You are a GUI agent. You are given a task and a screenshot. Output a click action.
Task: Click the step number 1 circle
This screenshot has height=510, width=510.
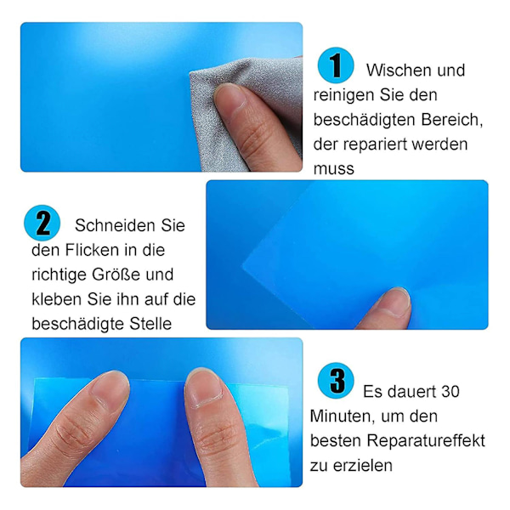pos(336,65)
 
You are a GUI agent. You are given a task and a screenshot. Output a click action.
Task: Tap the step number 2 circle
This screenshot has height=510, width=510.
pos(42,223)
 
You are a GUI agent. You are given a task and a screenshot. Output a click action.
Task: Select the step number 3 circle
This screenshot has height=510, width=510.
pos(336,380)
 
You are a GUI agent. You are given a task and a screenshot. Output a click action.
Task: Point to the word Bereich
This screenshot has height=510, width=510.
pos(452,120)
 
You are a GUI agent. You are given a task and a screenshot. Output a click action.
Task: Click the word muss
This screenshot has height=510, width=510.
pos(334,169)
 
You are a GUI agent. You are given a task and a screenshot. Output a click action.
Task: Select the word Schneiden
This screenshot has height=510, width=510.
pos(115,225)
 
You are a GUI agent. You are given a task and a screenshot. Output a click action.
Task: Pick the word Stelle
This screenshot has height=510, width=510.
pos(150,324)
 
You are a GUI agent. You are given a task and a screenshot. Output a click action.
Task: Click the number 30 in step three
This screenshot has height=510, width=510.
pos(450,392)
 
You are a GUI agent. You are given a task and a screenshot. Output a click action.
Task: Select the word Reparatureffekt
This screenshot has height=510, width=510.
pos(426,440)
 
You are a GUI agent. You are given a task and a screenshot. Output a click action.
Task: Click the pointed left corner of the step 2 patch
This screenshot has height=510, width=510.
pos(242,266)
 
